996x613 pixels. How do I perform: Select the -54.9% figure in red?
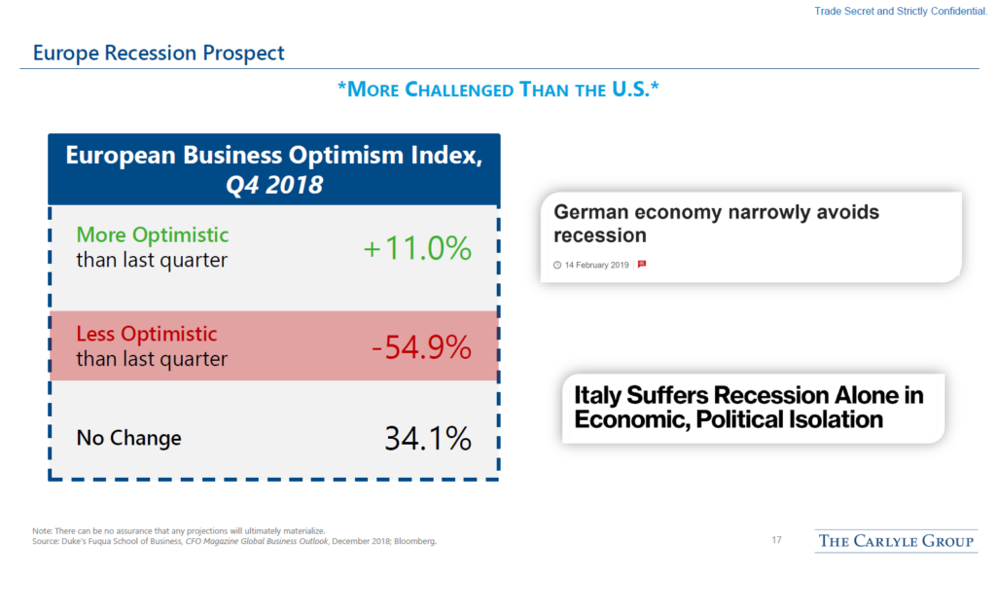click(420, 346)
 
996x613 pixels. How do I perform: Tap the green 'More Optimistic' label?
click(153, 235)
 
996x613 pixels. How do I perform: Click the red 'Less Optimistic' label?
click(146, 334)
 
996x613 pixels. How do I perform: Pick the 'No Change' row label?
click(128, 439)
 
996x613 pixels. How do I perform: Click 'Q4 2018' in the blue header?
click(273, 184)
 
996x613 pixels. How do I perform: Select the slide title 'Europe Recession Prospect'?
click(159, 53)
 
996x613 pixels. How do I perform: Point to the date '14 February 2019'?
click(597, 265)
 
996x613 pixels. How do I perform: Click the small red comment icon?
click(642, 265)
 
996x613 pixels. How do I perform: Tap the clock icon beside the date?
click(557, 265)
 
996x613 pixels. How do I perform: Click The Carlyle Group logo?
click(895, 541)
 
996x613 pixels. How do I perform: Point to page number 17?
click(776, 541)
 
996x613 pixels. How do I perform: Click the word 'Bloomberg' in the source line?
click(417, 542)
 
